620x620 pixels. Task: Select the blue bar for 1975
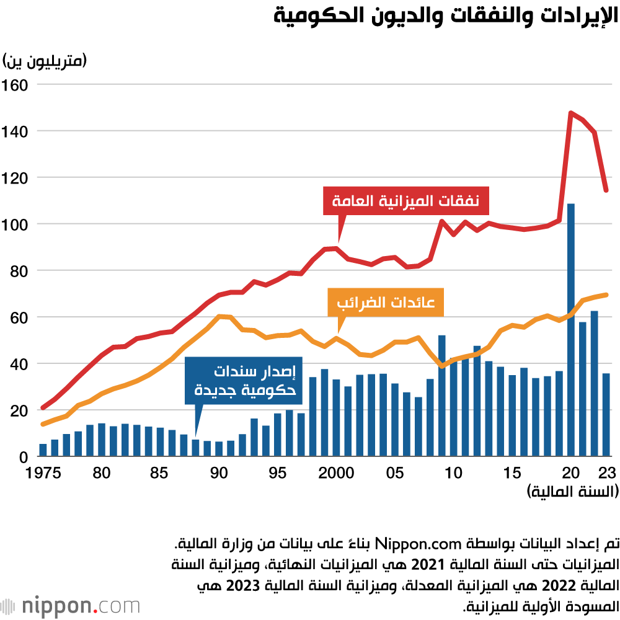43,450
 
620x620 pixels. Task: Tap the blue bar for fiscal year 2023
606,415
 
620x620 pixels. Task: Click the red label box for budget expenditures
405,200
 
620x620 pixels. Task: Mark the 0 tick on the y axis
23,457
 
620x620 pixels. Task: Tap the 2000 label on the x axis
336,473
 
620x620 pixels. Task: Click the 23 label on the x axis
607,473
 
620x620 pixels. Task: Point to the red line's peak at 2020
570,113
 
